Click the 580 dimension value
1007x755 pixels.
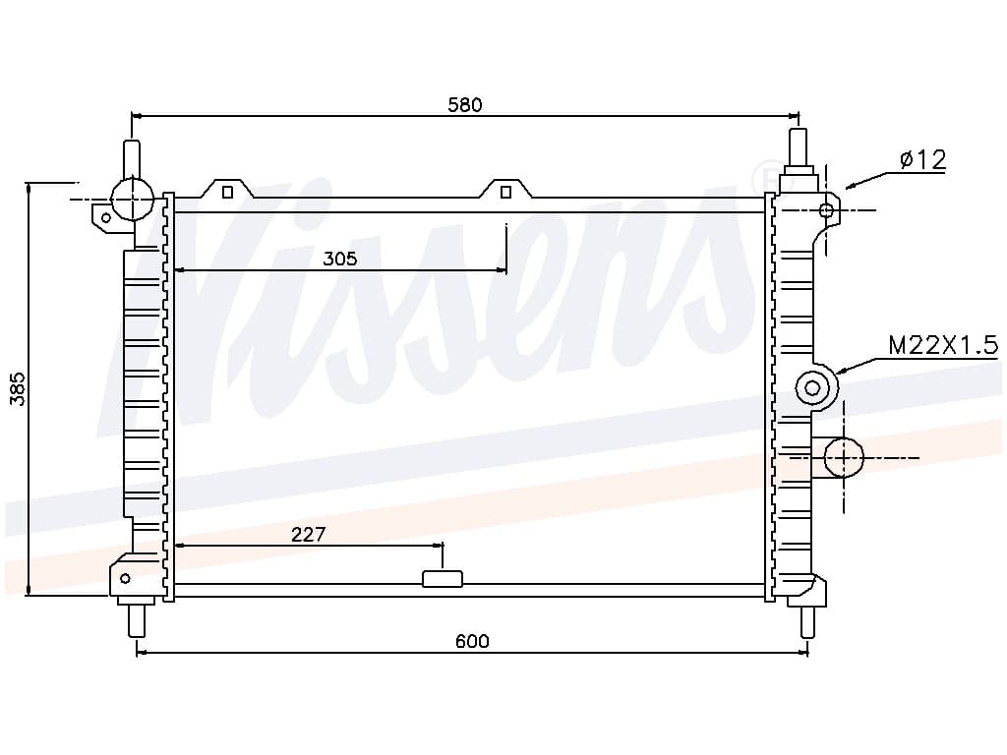[464, 104]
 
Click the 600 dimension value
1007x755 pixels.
[472, 641]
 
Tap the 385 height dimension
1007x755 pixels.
[19, 388]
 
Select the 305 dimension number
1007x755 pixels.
[339, 259]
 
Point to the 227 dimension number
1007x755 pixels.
[308, 534]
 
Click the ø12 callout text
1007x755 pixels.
[922, 159]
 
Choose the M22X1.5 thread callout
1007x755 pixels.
[943, 345]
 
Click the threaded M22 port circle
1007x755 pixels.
[812, 387]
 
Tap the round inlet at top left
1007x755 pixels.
[133, 199]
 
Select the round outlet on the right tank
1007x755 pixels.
[843, 458]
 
